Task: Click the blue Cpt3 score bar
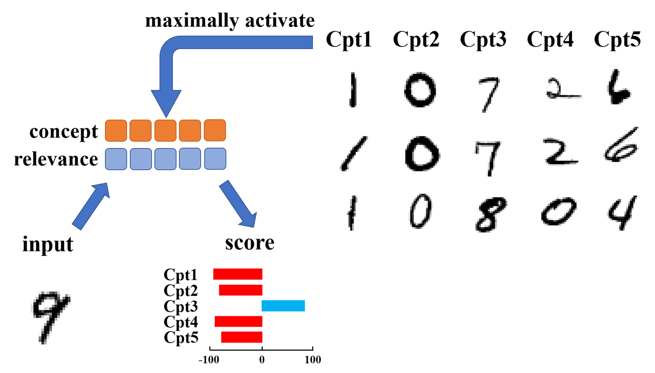283,306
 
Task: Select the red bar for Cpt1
238,274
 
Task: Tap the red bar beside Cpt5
242,337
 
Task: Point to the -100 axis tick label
209,360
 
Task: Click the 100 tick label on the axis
313,360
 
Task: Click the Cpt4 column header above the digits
550,39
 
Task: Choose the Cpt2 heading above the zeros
416,39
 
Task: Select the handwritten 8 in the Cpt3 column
490,214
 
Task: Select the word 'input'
47,244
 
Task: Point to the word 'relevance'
56,159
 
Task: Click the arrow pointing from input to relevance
91,206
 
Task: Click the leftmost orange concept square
116,131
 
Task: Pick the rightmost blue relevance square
215,159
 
